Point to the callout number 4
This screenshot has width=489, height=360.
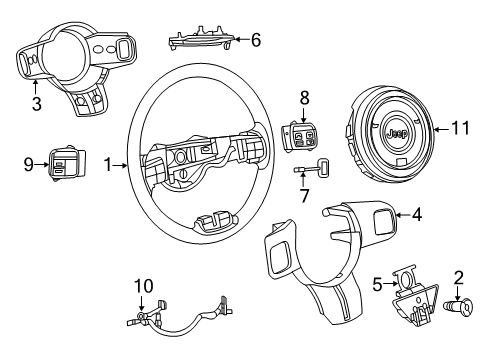[417, 212]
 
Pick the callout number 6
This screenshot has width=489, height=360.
[255, 40]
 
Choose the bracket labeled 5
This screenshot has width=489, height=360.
[411, 295]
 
